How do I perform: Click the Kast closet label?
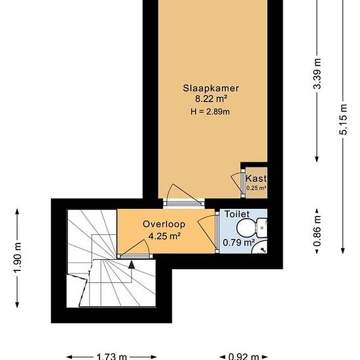tap(255, 177)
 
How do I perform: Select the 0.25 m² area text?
tap(255, 188)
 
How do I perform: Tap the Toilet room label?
tap(236, 213)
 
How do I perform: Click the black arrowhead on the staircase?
tap(132, 265)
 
